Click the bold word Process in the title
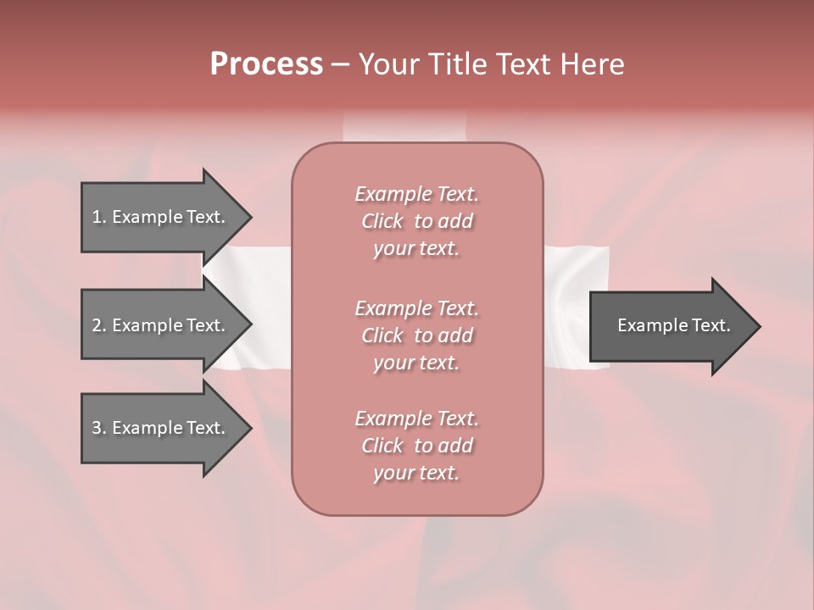click(266, 64)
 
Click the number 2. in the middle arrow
click(99, 325)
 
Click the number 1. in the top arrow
click(99, 217)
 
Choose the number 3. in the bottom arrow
click(99, 428)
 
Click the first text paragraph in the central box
click(416, 221)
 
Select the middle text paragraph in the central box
click(416, 335)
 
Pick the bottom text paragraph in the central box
click(416, 446)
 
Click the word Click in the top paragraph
click(382, 221)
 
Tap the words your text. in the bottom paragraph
click(416, 474)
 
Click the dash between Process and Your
click(340, 65)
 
